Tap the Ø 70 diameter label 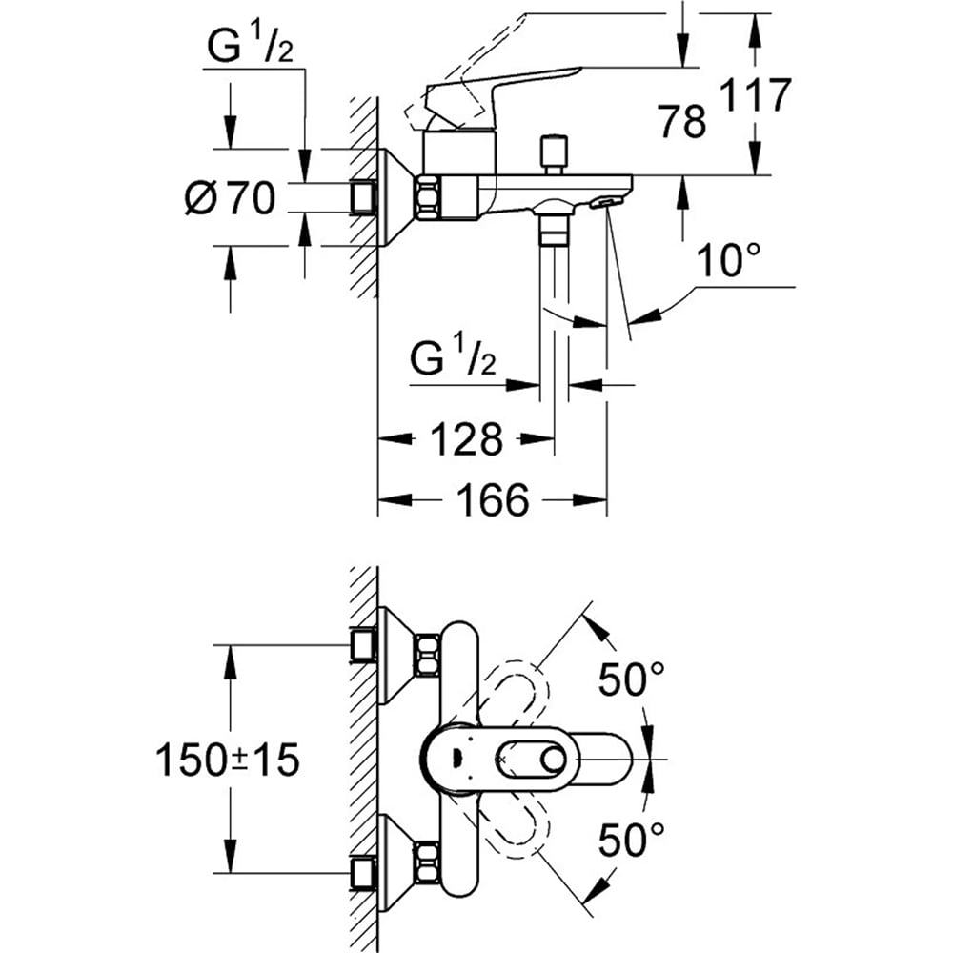coord(230,198)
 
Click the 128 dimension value coord(465,439)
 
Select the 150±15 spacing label coord(228,760)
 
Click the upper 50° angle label coord(631,679)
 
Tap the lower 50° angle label coord(631,840)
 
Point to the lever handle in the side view coord(505,87)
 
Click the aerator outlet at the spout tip coord(604,201)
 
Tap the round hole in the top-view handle coord(550,759)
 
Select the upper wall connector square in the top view coord(363,644)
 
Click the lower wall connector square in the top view coord(363,872)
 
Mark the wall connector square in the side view coord(364,198)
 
